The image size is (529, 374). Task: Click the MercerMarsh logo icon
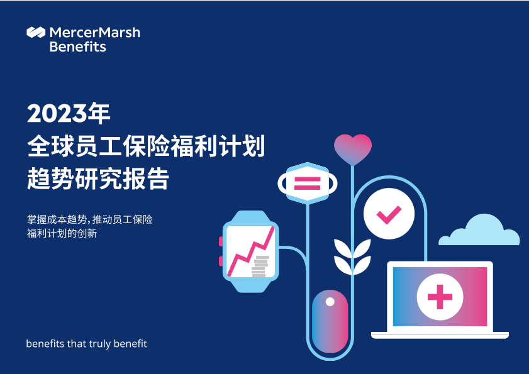click(x=36, y=32)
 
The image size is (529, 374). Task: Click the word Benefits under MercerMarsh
click(x=77, y=47)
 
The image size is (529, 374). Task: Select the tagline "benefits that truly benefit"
click(x=86, y=344)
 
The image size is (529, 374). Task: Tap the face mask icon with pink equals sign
click(x=308, y=183)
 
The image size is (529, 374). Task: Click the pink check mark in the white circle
click(x=389, y=214)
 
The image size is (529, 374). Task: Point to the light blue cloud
click(x=479, y=230)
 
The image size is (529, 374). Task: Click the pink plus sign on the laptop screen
click(x=440, y=297)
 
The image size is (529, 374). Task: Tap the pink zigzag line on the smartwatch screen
click(x=251, y=251)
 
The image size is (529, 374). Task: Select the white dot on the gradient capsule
click(x=330, y=302)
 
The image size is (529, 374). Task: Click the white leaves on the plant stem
click(x=352, y=257)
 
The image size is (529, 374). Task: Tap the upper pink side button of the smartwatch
click(x=221, y=241)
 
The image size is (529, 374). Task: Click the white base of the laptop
click(x=440, y=335)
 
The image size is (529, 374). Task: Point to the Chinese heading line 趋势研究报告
click(x=98, y=179)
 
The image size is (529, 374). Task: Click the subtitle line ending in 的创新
click(x=62, y=233)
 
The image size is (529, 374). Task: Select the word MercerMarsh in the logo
click(x=95, y=33)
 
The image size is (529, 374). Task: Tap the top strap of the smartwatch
click(x=250, y=216)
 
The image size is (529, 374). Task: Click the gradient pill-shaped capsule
click(x=330, y=321)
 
